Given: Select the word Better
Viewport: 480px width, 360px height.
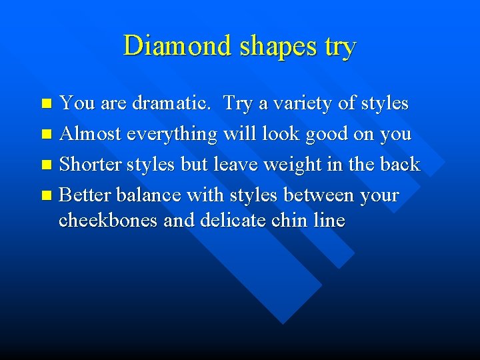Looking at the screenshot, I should coord(85,195).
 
